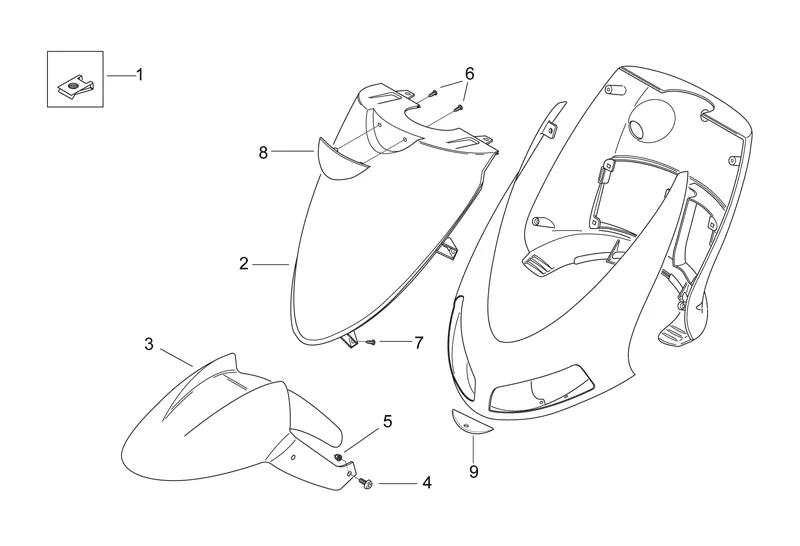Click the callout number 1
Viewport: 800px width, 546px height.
[x=139, y=75]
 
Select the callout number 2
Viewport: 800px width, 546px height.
[x=244, y=264]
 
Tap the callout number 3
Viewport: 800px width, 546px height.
[x=149, y=344]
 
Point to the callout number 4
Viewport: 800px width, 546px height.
[x=427, y=483]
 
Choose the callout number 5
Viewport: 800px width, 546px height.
[x=387, y=422]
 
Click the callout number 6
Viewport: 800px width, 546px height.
[x=469, y=74]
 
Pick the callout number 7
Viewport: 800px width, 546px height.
[x=418, y=342]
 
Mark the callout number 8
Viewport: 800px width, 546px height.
[x=263, y=152]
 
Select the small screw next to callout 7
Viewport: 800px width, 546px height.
[x=370, y=342]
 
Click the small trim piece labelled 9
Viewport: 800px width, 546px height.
[x=468, y=422]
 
